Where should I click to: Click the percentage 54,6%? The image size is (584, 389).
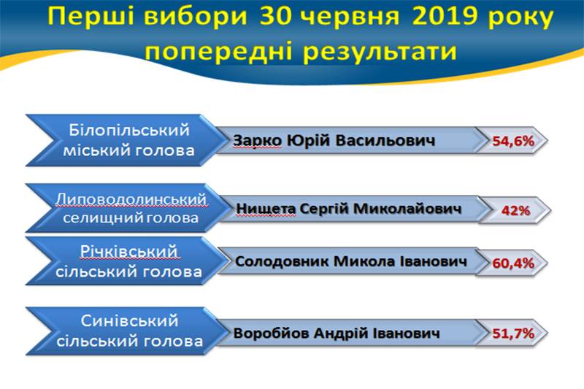513,141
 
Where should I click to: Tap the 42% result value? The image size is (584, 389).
515,211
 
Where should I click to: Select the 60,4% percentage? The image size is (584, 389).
513,263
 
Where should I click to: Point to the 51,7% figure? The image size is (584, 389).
513,333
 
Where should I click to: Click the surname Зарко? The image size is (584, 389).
258,141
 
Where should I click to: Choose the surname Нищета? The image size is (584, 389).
266,209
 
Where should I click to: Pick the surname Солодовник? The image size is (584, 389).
282,261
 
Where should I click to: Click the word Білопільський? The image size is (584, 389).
129,131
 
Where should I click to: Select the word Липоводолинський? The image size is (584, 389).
131,199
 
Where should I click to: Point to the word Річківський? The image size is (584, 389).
129,252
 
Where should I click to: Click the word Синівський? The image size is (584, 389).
129,321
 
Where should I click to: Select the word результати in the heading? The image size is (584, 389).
380,51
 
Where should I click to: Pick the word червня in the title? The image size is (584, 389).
350,18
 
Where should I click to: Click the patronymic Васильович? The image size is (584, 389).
385,141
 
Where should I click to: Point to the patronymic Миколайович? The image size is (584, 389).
407,209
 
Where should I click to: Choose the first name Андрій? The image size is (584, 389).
337,333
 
